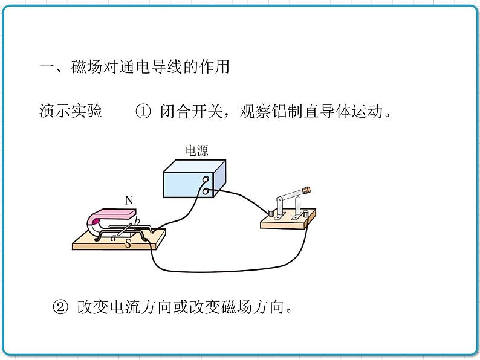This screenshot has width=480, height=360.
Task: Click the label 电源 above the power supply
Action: tap(196, 151)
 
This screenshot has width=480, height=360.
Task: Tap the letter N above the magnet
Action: tap(129, 199)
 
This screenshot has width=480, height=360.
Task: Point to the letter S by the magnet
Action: tap(128, 243)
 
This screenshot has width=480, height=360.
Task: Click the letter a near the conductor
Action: tap(112, 237)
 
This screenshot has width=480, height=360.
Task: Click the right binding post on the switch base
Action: tap(305, 213)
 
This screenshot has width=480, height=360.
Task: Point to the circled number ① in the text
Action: tap(143, 112)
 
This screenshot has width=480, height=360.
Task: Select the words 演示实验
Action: tap(70, 112)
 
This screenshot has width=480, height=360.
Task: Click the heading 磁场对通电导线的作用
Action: tap(150, 67)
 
